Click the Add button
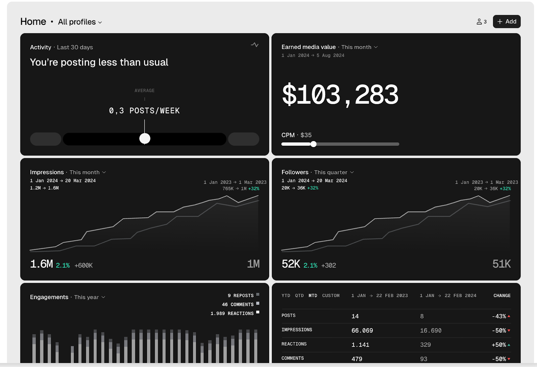point(506,21)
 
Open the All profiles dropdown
point(80,22)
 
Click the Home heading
point(33,21)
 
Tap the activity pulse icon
point(255,45)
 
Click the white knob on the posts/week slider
point(145,138)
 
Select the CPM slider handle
point(313,144)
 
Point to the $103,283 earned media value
point(340,95)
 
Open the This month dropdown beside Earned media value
point(359,47)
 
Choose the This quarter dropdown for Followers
point(334,172)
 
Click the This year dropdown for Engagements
point(89,297)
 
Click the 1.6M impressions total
point(41,264)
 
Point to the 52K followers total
point(291,264)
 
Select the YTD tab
point(286,296)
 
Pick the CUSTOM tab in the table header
point(331,296)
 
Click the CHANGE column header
point(502,296)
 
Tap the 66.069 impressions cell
point(362,331)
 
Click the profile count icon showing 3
point(481,22)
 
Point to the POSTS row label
point(289,316)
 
